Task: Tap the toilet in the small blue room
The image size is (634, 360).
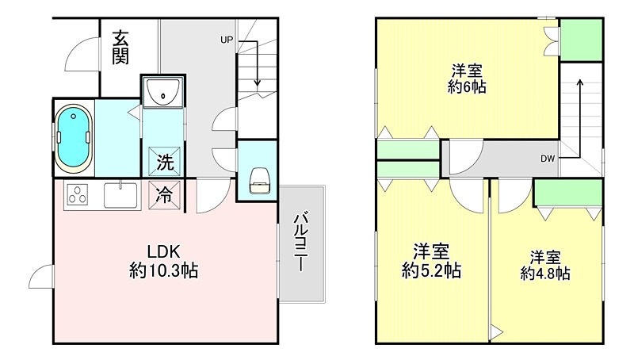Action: (258, 182)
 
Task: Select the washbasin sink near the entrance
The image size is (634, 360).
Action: (164, 92)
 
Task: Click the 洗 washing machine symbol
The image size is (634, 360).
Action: (163, 163)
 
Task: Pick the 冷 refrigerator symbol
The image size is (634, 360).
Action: (163, 193)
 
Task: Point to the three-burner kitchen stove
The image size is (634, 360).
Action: (77, 193)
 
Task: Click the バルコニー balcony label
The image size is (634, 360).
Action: (301, 243)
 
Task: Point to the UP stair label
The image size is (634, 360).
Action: (227, 39)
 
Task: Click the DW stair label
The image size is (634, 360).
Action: (548, 159)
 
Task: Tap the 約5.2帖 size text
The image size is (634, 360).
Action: (432, 270)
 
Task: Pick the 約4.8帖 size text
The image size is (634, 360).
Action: (545, 273)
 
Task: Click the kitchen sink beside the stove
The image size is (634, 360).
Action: (121, 193)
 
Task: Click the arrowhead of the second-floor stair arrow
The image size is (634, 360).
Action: (580, 81)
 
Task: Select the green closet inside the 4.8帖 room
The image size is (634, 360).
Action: (567, 193)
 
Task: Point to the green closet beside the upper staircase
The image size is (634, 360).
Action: (581, 39)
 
